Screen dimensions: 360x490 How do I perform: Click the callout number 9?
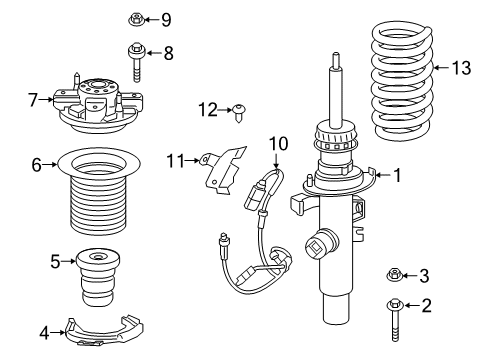166,19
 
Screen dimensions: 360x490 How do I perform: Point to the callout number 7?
34,99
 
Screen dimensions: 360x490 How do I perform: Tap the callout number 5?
55,263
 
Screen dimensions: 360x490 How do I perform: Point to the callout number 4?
45,330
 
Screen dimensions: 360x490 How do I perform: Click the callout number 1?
398,176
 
